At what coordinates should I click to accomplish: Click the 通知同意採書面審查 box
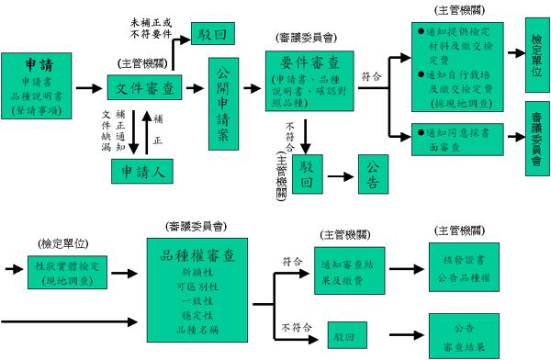pyautogui.click(x=455, y=139)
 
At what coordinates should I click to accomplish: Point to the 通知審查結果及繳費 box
pyautogui.click(x=350, y=270)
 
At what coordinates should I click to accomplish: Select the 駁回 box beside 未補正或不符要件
pyautogui.click(x=210, y=35)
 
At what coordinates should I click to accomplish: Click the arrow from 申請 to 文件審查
pyautogui.click(x=89, y=89)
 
